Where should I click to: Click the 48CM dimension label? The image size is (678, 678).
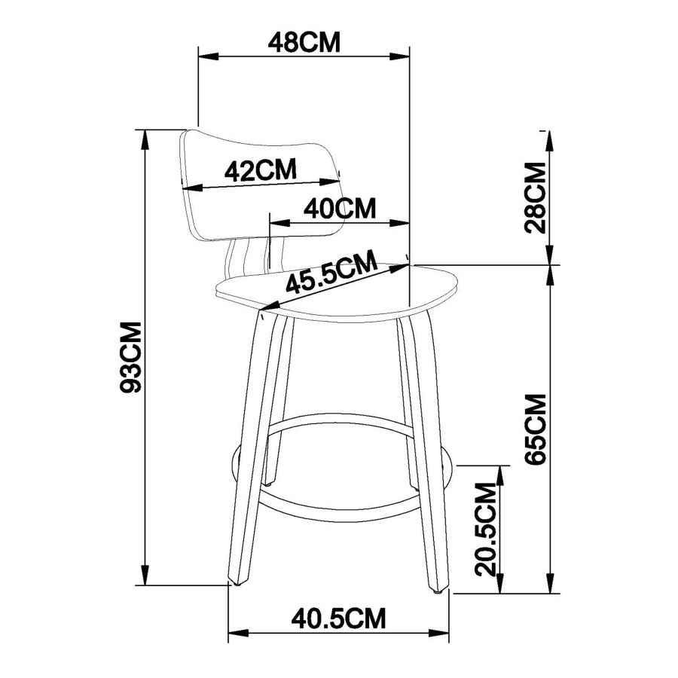point(304,42)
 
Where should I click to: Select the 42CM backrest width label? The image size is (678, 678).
point(261,170)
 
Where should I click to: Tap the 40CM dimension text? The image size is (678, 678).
point(340,208)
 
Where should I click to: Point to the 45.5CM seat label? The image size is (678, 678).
point(331,273)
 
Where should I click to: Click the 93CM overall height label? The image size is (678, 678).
point(130,357)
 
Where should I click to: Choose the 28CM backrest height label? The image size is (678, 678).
point(535,197)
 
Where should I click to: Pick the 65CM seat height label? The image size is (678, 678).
point(536,429)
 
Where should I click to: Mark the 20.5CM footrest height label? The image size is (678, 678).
point(485,529)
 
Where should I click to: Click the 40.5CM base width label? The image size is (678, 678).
point(338,618)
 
